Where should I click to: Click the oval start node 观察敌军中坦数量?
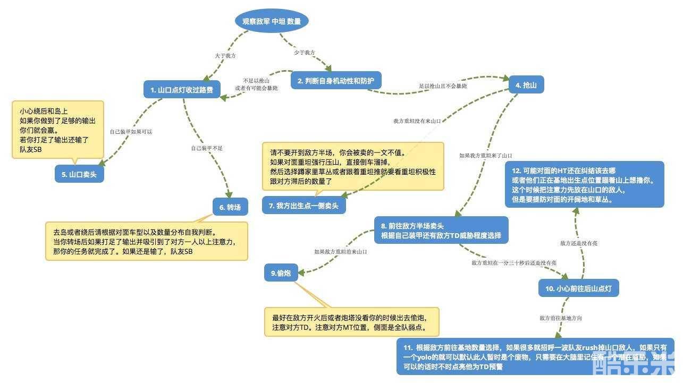(272, 21)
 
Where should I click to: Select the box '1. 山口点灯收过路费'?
(182, 90)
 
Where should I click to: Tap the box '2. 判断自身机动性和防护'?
(336, 81)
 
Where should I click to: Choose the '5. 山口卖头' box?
(79, 174)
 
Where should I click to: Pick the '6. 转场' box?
(230, 207)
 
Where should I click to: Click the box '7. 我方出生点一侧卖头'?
(304, 206)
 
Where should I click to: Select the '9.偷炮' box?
(281, 273)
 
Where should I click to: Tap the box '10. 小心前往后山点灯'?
(579, 288)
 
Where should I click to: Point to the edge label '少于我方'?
(304, 53)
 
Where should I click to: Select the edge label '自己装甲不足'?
(207, 148)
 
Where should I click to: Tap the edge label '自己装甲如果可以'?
(131, 131)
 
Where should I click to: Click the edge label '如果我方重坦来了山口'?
(486, 156)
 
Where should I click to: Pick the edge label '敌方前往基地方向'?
(561, 318)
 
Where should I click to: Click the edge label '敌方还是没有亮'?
(579, 243)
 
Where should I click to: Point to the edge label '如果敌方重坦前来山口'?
(341, 251)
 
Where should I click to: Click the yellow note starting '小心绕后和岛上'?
(58, 129)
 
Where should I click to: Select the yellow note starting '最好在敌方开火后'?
(352, 321)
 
